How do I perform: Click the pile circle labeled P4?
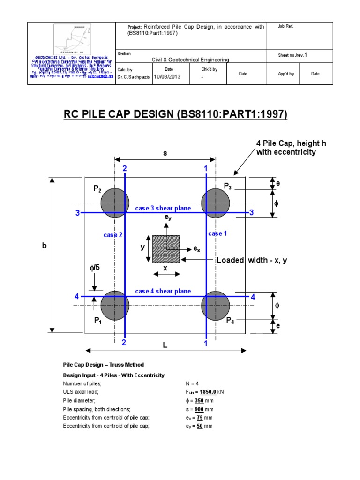tap(215, 305)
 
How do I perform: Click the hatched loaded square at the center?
tap(166, 248)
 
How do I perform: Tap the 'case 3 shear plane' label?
tap(163, 208)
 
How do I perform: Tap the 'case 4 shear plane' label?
tap(163, 291)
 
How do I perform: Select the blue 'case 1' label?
tap(217, 233)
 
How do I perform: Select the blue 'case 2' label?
tap(113, 235)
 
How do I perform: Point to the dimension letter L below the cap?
tap(165, 345)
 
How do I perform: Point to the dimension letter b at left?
tap(45, 245)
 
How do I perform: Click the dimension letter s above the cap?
tap(165, 153)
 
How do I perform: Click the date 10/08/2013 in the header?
tap(167, 77)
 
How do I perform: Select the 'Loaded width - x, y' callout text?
tap(252, 260)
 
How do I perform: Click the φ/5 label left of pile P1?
tap(95, 268)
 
